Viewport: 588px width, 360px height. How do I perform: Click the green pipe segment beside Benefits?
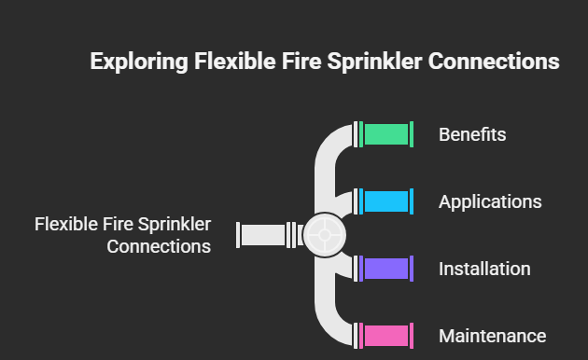pos(386,134)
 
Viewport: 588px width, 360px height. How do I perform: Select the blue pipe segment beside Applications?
pos(386,201)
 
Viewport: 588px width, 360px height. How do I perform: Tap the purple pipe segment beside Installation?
pos(386,269)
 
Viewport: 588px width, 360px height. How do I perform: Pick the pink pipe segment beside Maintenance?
pos(386,336)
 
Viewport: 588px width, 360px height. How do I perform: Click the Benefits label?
pos(472,134)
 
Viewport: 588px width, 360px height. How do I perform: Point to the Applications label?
pos(490,201)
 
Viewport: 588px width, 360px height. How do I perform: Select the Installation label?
pos(484,269)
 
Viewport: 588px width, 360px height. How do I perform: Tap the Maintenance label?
pos(492,336)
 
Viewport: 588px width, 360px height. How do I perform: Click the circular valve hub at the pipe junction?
pos(325,235)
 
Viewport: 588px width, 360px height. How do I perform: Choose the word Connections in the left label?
pos(159,247)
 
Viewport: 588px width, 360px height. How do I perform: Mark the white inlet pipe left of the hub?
pos(262,235)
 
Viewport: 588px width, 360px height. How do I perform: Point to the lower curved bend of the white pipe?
pos(330,321)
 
